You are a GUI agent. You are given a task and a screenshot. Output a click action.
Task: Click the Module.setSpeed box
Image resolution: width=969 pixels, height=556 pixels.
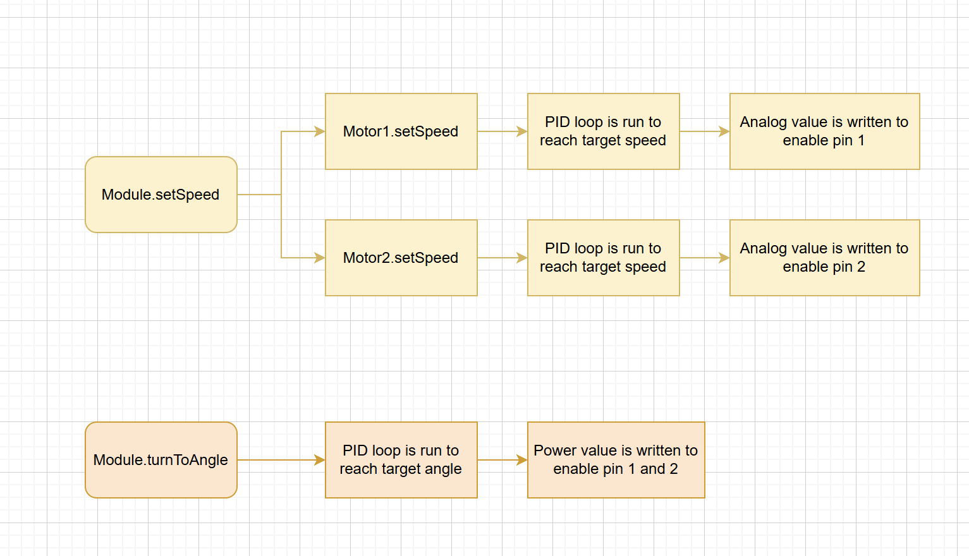[161, 195]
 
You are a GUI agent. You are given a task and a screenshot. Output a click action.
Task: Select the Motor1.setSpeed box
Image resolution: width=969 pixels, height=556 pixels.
[401, 131]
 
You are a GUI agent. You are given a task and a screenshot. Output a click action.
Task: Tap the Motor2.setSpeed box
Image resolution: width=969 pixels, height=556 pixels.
[401, 258]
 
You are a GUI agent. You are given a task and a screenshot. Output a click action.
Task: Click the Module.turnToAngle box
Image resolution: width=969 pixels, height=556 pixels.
[161, 460]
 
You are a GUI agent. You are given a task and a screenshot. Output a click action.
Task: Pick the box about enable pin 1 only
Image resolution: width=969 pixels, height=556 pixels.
[824, 131]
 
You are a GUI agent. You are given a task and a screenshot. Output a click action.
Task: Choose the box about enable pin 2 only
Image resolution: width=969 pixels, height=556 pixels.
[824, 258]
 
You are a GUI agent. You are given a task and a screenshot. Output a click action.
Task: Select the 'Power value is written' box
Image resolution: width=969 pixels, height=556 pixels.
[616, 460]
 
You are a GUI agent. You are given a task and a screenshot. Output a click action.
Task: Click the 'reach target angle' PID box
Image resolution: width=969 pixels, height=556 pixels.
[401, 460]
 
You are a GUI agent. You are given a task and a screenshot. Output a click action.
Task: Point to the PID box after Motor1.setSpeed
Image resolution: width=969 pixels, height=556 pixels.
[604, 131]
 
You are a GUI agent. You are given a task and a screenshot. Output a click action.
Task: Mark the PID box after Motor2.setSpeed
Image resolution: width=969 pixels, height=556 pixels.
[604, 258]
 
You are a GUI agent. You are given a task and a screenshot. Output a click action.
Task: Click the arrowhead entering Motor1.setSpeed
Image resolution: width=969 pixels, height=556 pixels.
[320, 131]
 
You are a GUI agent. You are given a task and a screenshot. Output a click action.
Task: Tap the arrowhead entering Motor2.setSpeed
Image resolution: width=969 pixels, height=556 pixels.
[320, 258]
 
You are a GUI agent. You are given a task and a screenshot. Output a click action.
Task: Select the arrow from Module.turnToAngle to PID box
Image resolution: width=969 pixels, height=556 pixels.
[281, 460]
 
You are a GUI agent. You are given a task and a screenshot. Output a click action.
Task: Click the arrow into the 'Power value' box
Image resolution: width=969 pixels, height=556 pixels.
[503, 460]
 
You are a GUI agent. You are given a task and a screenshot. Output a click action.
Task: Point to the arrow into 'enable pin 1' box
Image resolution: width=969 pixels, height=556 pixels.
[705, 131]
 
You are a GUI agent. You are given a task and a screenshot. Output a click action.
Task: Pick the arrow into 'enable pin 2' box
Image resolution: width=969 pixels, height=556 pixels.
[705, 258]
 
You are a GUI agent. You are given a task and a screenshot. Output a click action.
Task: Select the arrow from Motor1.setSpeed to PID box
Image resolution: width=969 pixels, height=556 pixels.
[503, 131]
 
